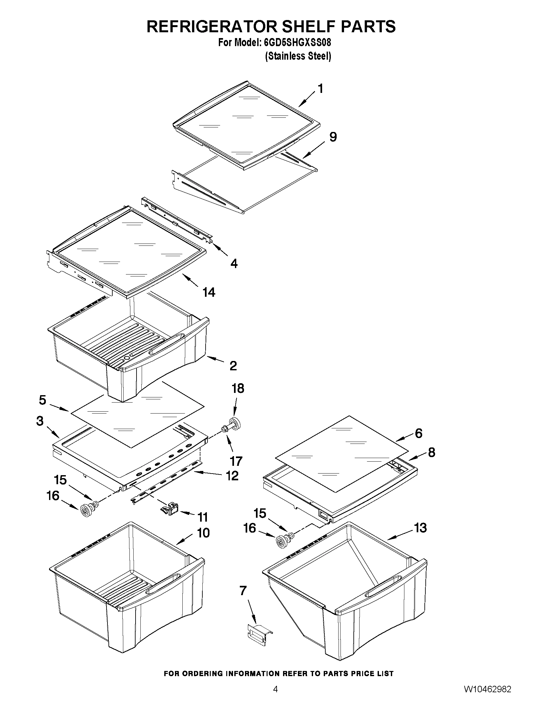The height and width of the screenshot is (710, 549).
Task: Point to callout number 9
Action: (x=333, y=137)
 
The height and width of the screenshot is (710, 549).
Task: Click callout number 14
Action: (x=209, y=292)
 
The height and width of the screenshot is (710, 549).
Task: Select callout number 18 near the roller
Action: (x=238, y=388)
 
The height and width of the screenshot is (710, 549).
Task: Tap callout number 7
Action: (x=243, y=590)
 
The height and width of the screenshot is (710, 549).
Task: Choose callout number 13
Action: (x=420, y=528)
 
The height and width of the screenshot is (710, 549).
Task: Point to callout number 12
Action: (x=232, y=475)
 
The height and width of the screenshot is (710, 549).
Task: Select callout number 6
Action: (x=418, y=433)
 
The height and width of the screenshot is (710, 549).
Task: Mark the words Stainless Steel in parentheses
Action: (x=298, y=56)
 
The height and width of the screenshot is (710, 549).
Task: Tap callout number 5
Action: (x=43, y=400)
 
